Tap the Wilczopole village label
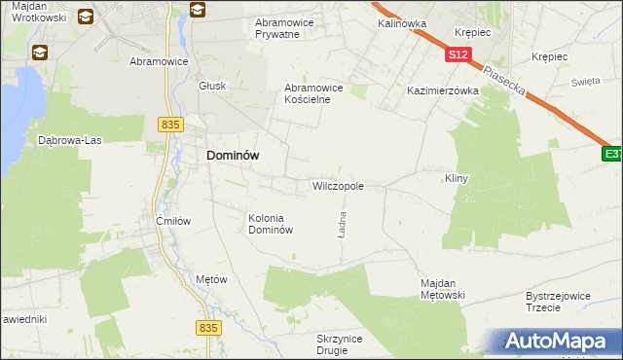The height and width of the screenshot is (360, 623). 338,185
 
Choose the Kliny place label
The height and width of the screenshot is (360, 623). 457,179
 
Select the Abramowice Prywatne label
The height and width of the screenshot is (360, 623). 290,27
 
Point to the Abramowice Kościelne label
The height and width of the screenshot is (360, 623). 313,92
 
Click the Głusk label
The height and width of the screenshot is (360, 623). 211,85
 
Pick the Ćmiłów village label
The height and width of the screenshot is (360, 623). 173,221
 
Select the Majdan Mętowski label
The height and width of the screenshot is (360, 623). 443,289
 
